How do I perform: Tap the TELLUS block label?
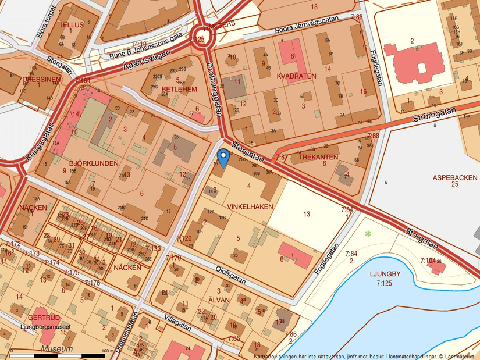72,26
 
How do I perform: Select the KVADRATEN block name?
297,76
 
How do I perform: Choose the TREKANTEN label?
318,157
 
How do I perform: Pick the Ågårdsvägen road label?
147,61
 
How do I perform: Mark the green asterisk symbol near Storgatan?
367,234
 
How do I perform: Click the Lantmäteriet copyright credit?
457,356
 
